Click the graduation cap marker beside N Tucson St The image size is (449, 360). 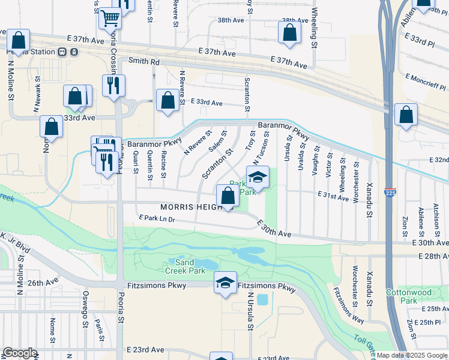(258, 177)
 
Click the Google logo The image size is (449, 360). (20, 353)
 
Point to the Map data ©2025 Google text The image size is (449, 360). (411, 355)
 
